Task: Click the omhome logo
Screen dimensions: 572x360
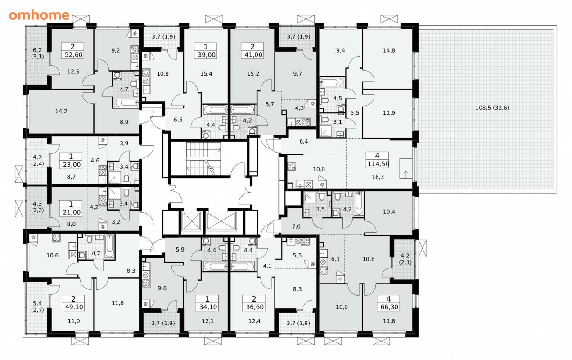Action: [39, 15]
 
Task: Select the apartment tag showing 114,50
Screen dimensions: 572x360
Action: [378, 160]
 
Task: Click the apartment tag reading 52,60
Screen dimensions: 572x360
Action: [73, 51]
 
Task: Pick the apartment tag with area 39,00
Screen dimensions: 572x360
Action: [206, 51]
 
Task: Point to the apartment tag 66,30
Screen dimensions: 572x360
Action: [389, 303]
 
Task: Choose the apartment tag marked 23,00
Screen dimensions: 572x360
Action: [71, 161]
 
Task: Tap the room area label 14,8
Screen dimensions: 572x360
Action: [389, 50]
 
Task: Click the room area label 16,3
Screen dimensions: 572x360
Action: [378, 177]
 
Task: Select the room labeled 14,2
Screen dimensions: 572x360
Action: [61, 111]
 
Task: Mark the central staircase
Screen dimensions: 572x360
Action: [203, 159]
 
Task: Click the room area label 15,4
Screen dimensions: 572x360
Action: [206, 74]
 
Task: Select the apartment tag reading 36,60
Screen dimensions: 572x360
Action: [254, 303]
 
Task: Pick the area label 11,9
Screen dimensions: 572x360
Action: [389, 112]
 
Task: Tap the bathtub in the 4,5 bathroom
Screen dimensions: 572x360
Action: [331, 82]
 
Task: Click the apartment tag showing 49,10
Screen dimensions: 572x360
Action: [73, 303]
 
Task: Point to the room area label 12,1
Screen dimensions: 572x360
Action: [207, 321]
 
